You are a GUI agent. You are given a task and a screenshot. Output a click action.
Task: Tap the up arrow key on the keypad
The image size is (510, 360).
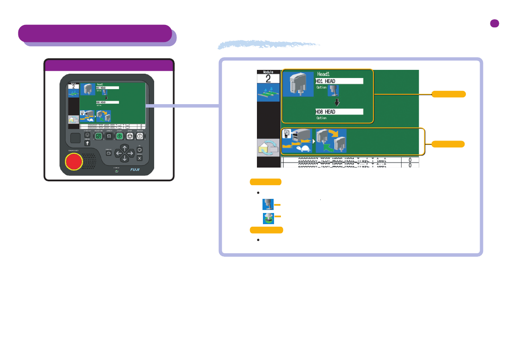point(124,148)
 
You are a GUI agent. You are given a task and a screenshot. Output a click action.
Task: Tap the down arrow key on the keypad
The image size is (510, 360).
point(124,158)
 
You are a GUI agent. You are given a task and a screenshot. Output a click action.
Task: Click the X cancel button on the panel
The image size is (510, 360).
point(140,158)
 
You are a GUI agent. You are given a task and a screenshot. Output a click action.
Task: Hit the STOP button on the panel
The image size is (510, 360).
point(128,137)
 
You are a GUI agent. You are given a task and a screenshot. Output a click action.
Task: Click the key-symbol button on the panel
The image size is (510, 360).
point(87,144)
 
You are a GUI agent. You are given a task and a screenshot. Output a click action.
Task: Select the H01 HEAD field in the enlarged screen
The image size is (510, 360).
point(339,81)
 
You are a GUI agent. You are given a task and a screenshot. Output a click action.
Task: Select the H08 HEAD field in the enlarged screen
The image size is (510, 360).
point(339,111)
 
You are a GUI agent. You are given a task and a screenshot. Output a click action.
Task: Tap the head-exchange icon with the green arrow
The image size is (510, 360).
point(331,141)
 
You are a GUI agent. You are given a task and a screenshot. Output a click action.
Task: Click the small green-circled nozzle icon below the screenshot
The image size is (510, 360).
point(268,217)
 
